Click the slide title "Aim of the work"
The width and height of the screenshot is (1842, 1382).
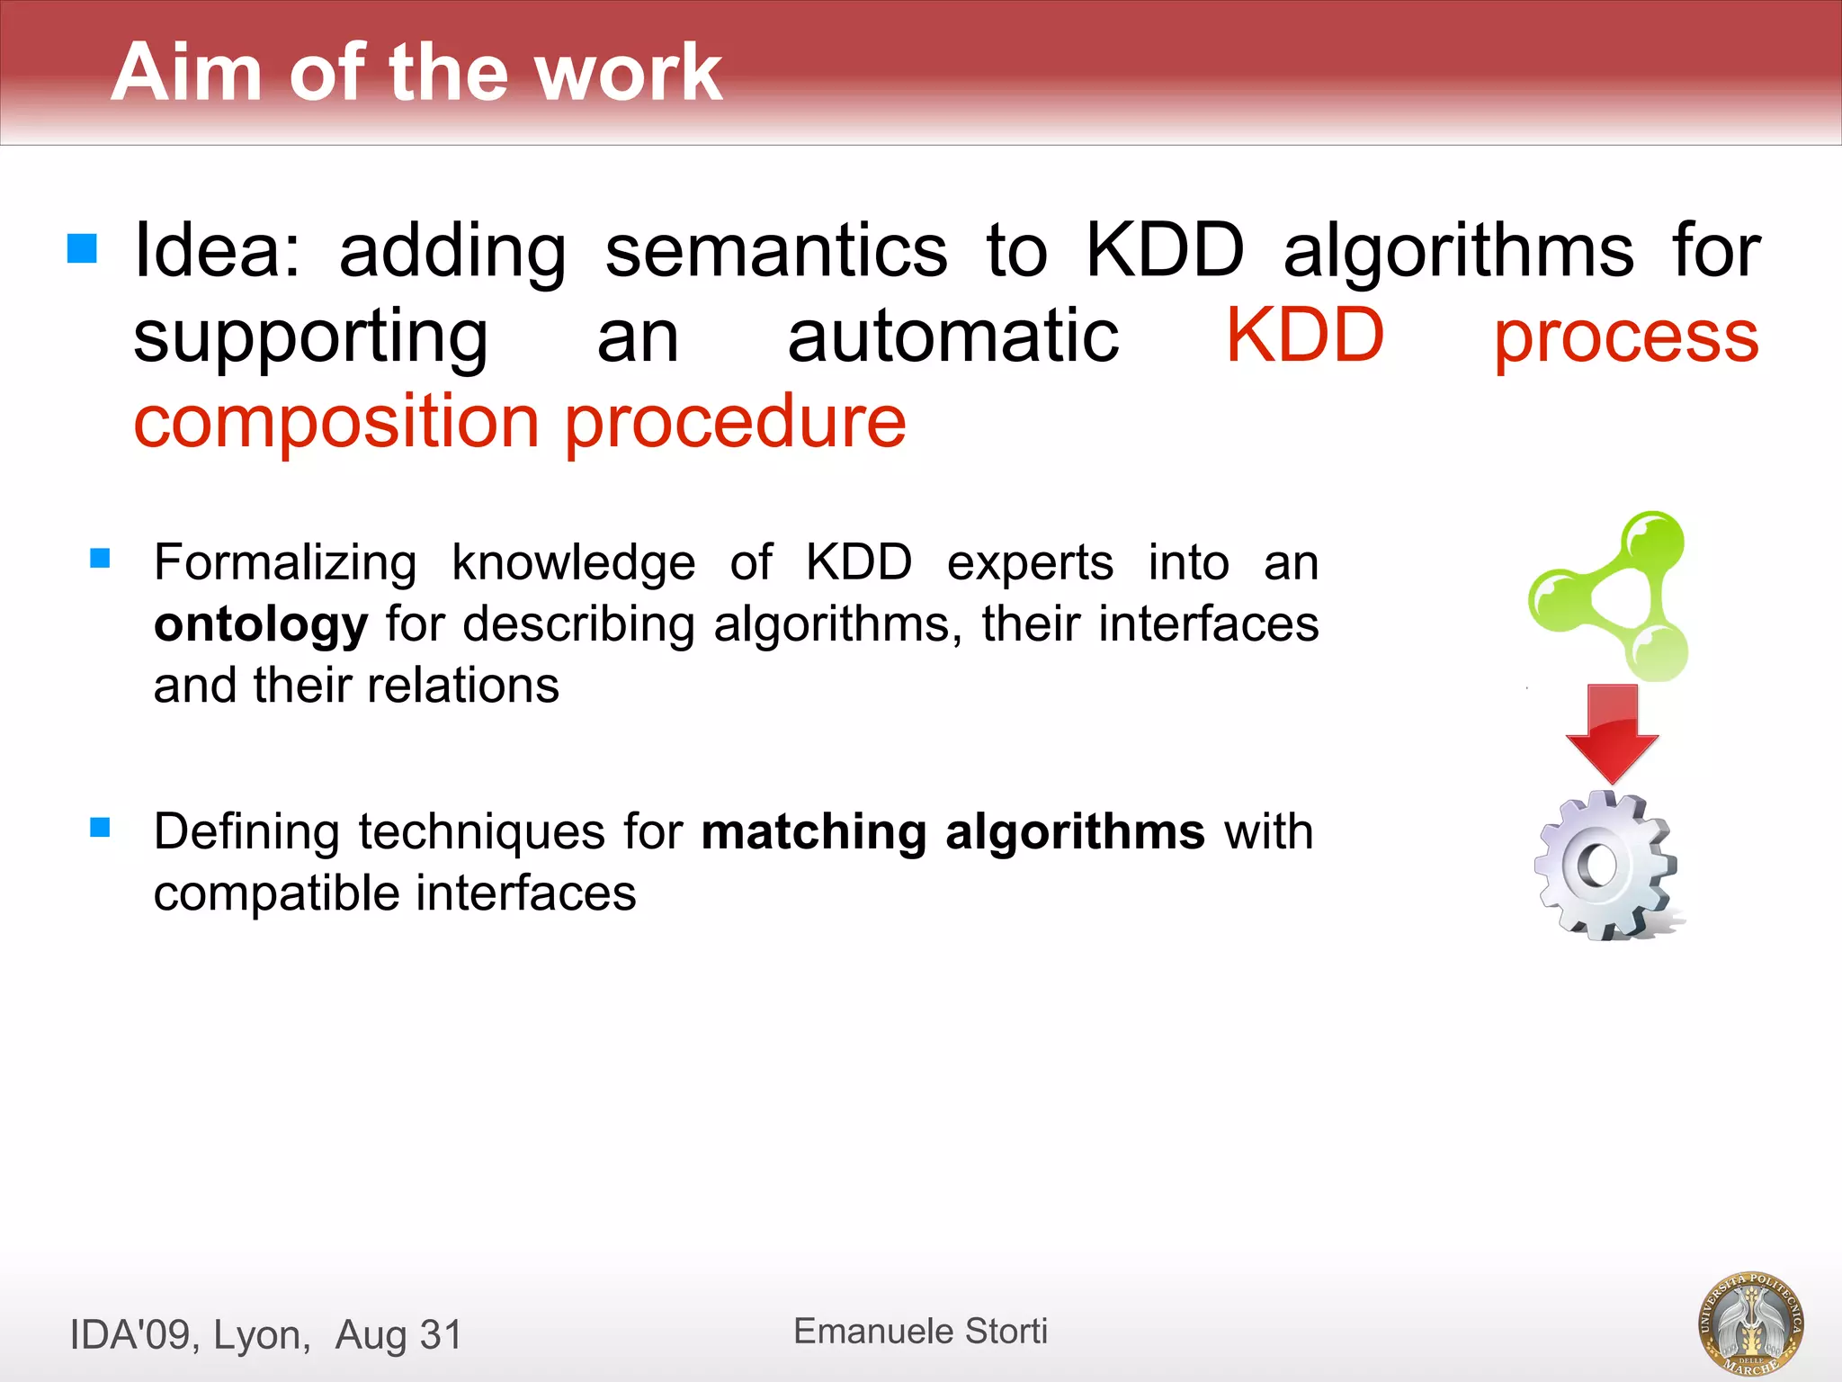[416, 72]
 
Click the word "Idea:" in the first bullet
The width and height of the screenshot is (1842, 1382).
[217, 251]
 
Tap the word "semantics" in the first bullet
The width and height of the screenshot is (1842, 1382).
[775, 251]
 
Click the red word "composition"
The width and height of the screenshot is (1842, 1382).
[335, 422]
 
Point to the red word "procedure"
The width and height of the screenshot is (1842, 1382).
[735, 422]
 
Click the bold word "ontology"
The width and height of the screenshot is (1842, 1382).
[260, 624]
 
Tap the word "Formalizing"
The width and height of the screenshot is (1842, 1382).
[284, 563]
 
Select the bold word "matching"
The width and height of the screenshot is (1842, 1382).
[813, 831]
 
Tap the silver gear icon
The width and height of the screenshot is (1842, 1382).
[1605, 866]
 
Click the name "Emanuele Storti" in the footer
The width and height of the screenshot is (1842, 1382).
[920, 1331]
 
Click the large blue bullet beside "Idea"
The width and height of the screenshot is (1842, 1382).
[82, 247]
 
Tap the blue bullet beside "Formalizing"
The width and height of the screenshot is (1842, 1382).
[100, 559]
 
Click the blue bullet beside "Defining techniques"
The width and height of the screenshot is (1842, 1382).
[100, 827]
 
